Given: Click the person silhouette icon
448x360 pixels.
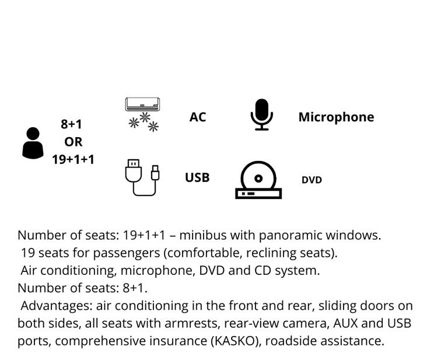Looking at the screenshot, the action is coord(33,143).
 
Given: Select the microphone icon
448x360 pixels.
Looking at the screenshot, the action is coord(261,115).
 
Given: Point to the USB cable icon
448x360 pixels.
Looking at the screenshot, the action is coord(142,177).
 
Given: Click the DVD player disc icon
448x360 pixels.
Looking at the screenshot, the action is coord(258,180).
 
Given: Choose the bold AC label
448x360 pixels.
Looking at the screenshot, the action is coord(198,117).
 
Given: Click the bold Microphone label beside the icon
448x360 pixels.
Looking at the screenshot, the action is coord(336,117).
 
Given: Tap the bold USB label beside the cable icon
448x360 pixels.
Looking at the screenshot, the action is coord(197,177).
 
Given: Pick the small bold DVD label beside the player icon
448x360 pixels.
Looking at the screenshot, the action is coord(311,180).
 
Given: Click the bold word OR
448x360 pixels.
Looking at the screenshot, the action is coord(73,142).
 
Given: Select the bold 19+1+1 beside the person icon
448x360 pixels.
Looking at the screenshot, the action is coord(73,159).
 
